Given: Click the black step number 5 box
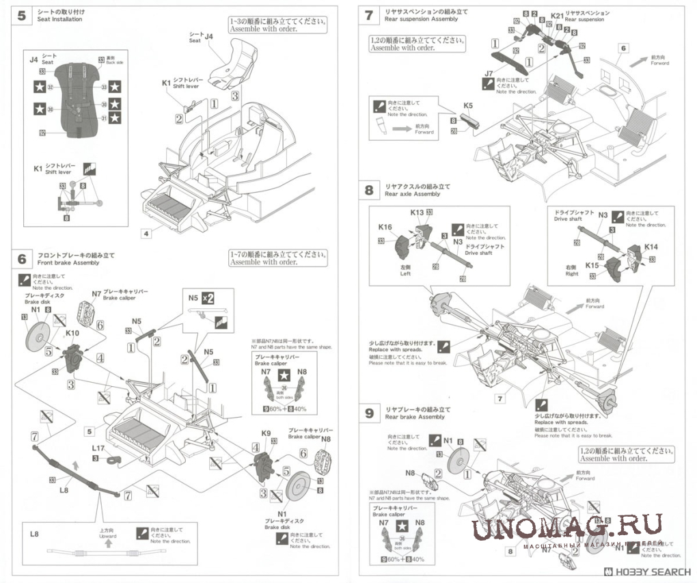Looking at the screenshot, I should pyautogui.click(x=22, y=16).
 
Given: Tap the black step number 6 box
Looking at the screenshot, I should pyautogui.click(x=22, y=259).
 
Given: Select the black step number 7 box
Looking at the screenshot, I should pyautogui.click(x=369, y=16).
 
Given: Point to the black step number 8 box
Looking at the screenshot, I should pyautogui.click(x=369, y=190).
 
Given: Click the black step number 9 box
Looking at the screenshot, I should pyautogui.click(x=369, y=413).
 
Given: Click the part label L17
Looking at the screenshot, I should pyautogui.click(x=98, y=448).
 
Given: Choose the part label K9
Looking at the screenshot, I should pyautogui.click(x=266, y=433).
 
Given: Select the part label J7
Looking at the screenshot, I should pyautogui.click(x=488, y=72).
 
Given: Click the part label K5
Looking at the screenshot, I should pyautogui.click(x=467, y=106).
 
